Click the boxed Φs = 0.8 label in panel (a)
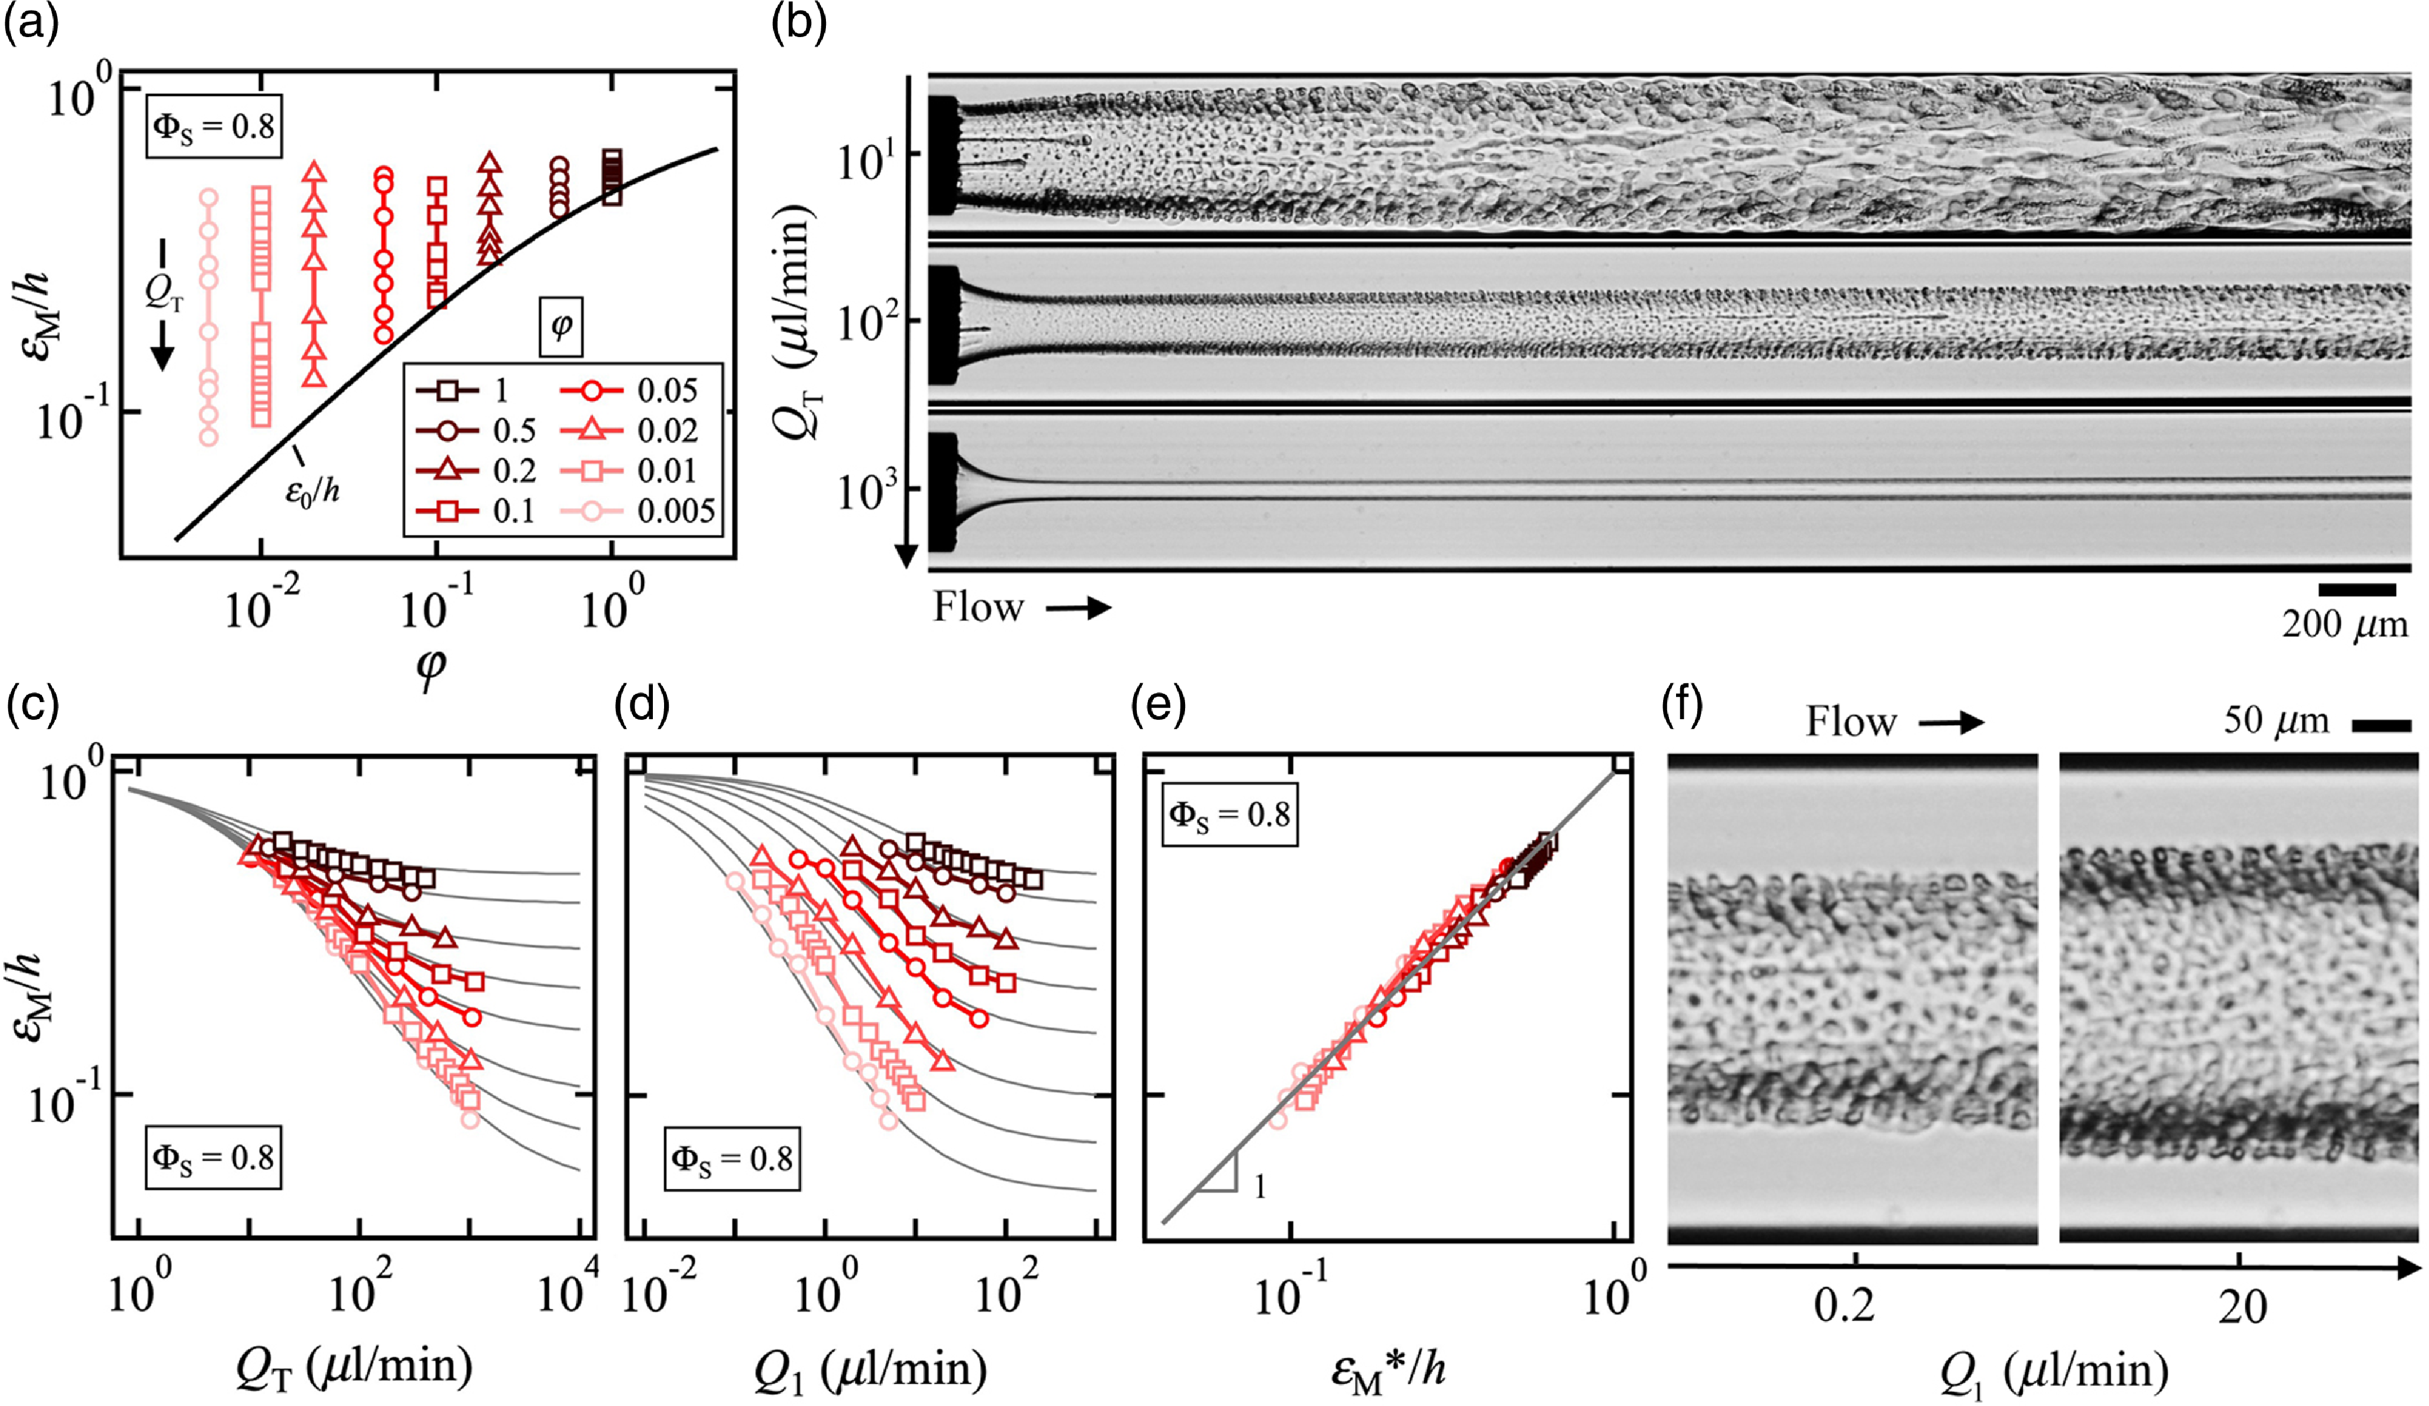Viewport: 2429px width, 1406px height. [214, 127]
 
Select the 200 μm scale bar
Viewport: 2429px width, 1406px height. [2357, 589]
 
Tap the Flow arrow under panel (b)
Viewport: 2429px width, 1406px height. [1079, 608]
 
